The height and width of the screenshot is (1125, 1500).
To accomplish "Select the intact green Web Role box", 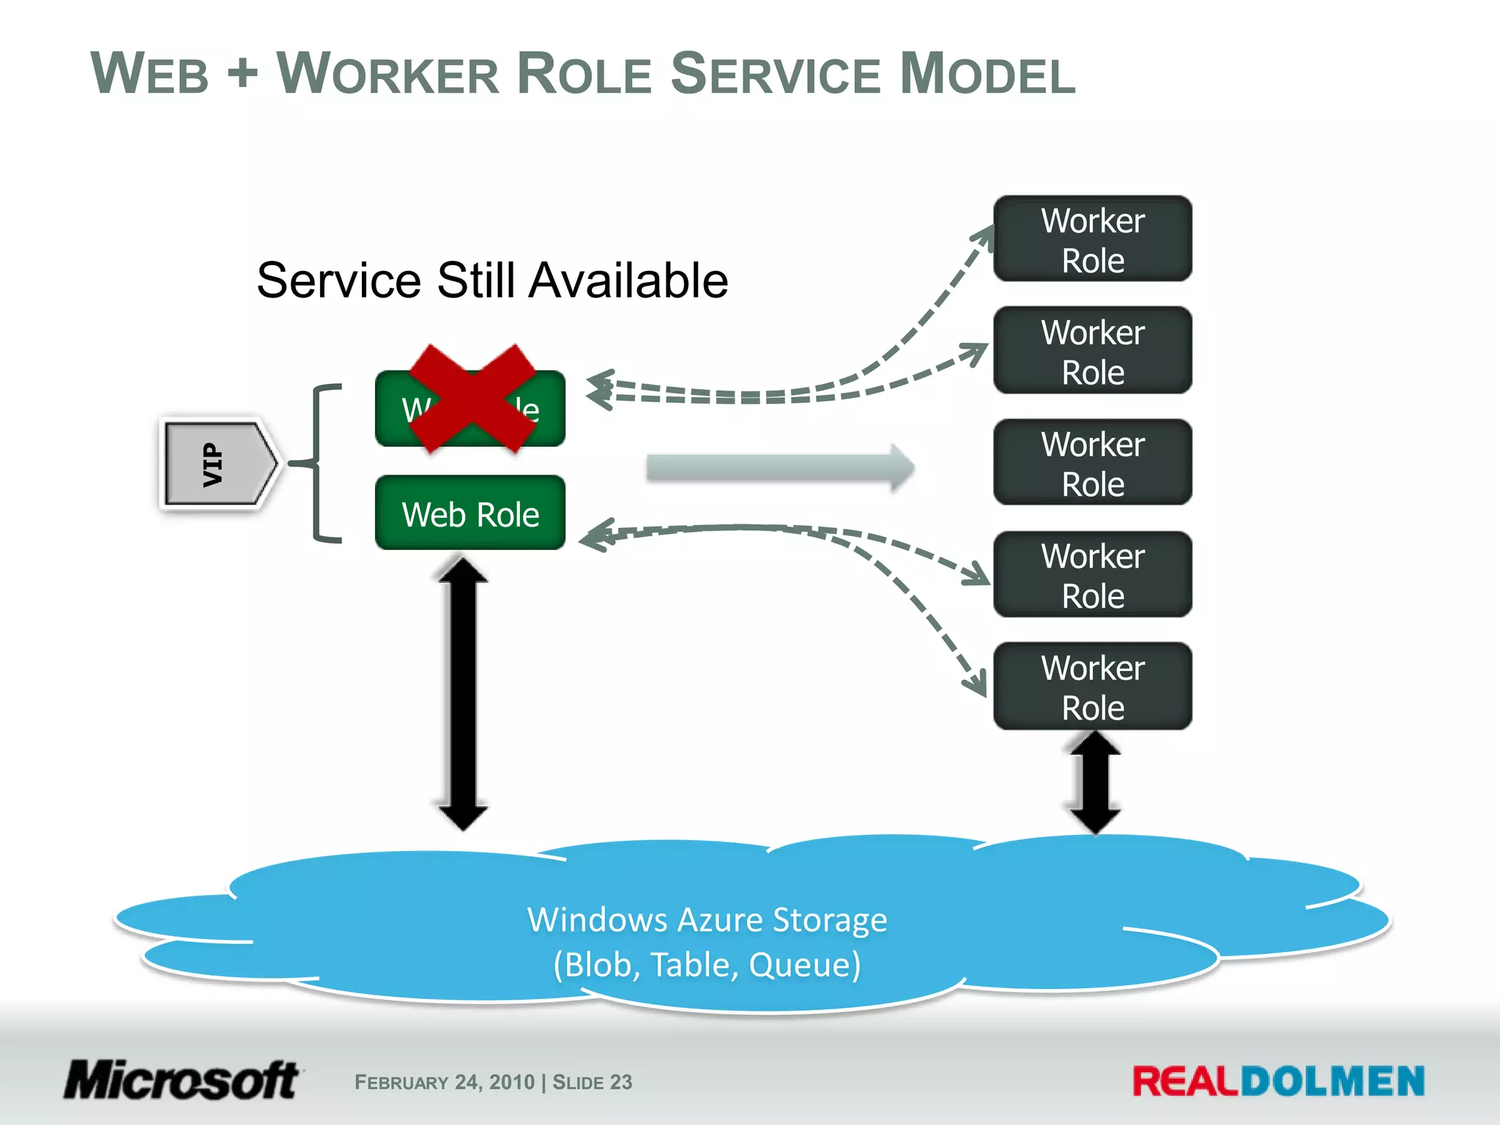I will (x=470, y=513).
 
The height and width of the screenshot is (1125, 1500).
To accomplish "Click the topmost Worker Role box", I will (x=1092, y=240).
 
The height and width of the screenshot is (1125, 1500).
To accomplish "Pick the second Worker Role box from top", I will (x=1092, y=352).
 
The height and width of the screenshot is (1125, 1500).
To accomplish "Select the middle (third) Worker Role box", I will (x=1092, y=463).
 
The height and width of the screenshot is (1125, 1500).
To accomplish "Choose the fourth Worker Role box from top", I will (x=1092, y=575).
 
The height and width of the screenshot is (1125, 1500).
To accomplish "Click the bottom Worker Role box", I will (x=1092, y=687).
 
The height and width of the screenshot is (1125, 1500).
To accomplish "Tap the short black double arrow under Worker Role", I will (x=1095, y=782).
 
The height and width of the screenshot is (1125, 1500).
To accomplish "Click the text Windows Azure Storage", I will (x=707, y=920).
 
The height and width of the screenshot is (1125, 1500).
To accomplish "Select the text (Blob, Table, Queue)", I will (x=707, y=965).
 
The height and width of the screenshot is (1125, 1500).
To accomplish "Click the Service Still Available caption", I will (x=492, y=281).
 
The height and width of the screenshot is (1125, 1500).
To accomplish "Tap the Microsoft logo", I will (x=182, y=1080).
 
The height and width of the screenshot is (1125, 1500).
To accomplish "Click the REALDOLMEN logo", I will (x=1278, y=1082).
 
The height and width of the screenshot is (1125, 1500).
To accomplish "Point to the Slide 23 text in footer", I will (x=592, y=1083).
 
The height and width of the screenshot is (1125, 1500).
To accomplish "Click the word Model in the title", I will (x=987, y=74).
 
